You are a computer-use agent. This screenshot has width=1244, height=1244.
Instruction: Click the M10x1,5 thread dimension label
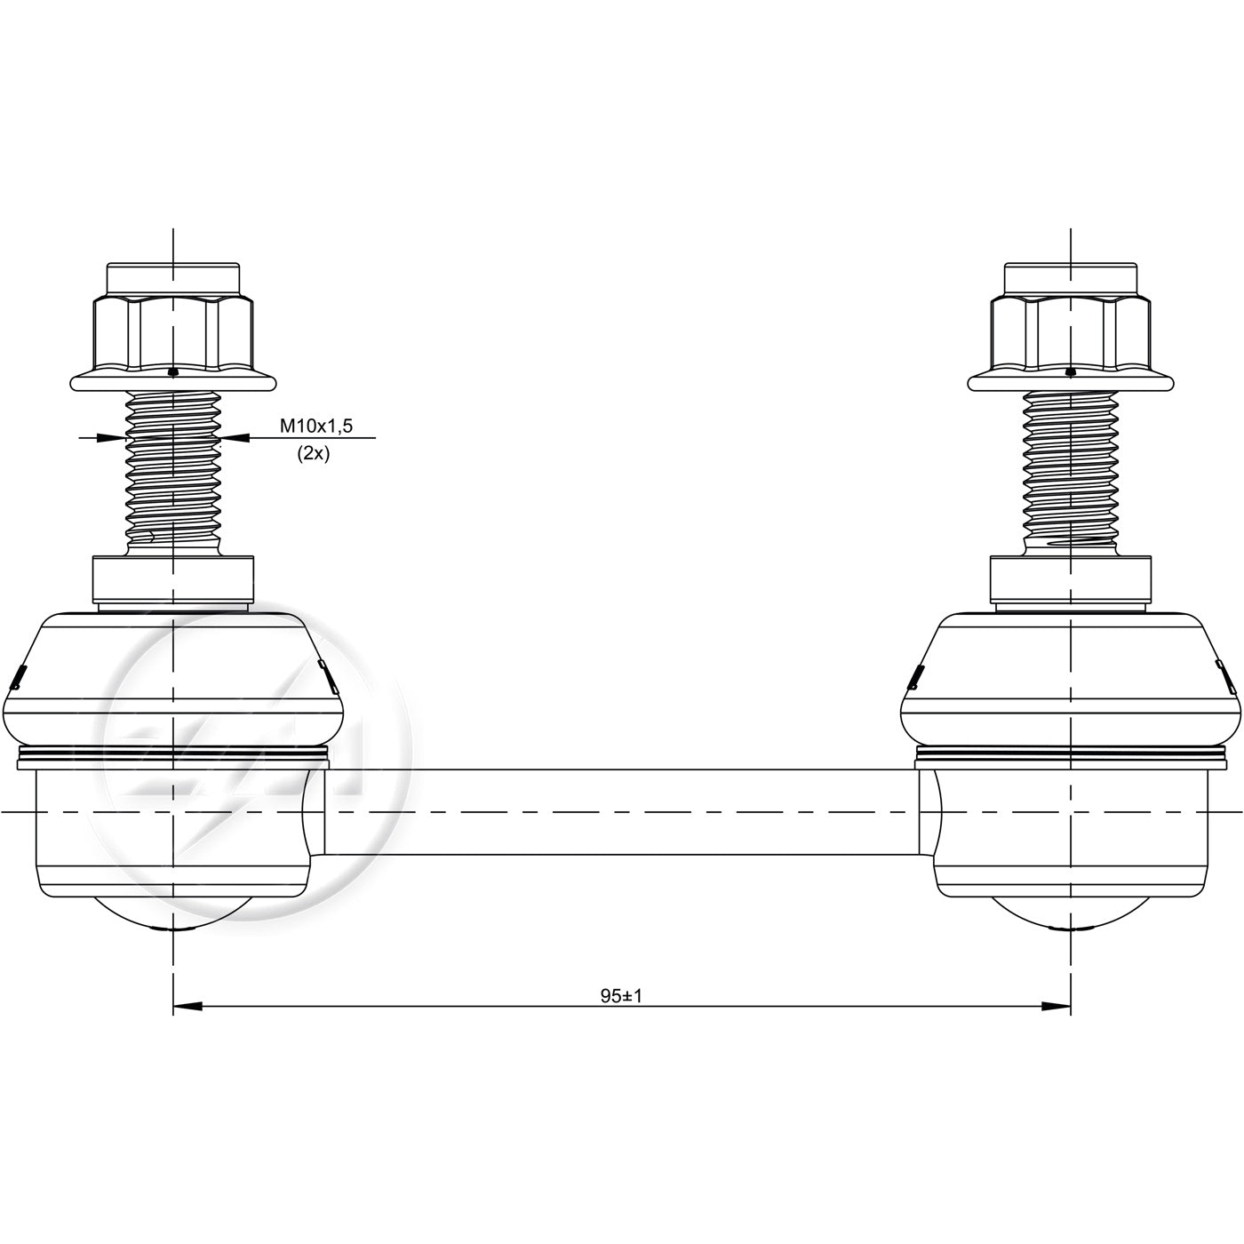[315, 426]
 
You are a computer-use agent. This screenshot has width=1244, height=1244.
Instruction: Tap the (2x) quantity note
[313, 454]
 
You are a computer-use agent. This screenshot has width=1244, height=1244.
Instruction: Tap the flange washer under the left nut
[173, 381]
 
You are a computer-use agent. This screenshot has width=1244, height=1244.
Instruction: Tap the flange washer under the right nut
[1071, 381]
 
